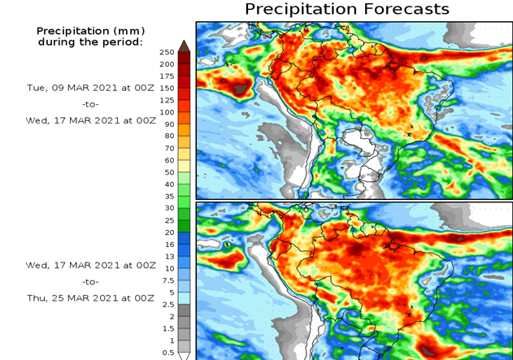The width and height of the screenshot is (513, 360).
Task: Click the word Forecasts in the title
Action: (407, 10)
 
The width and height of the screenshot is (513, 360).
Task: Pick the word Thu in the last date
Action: (35, 298)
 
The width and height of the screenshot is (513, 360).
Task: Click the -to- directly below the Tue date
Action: (90, 104)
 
